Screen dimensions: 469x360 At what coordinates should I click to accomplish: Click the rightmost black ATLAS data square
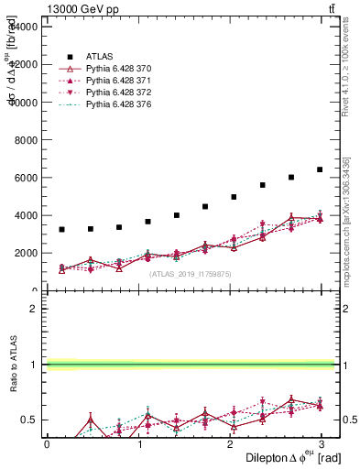pos(320,169)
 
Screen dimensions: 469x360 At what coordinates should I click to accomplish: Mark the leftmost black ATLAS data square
pos(61,229)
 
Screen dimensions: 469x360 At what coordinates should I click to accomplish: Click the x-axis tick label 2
pos(231,443)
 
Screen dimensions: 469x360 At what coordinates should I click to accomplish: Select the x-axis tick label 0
pos(47,443)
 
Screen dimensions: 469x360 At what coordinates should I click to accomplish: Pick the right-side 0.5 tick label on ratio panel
pos(348,420)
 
